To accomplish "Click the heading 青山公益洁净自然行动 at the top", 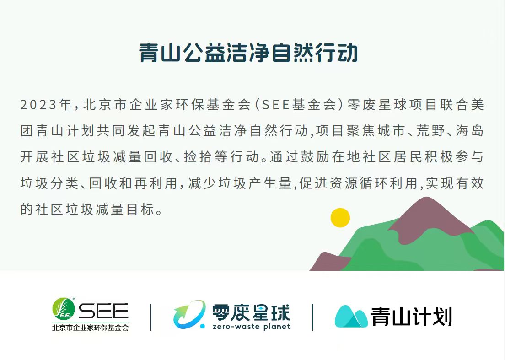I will click(248, 53).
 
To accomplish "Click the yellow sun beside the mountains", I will click(340, 217).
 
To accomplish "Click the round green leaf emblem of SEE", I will click(63, 309).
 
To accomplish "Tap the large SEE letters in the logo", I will click(103, 312).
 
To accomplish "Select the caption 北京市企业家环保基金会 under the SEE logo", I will click(91, 327).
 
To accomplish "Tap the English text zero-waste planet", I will click(251, 327).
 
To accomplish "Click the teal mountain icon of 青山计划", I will click(351, 317).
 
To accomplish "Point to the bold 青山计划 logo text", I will click(412, 317).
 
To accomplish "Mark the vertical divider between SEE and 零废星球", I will click(151, 317).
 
